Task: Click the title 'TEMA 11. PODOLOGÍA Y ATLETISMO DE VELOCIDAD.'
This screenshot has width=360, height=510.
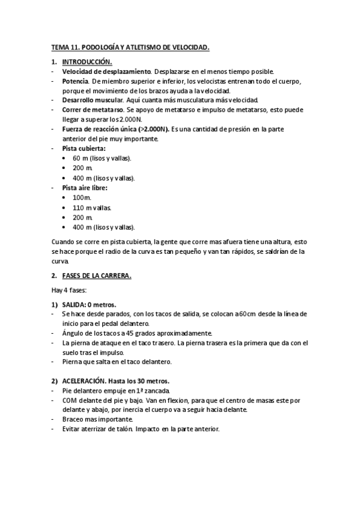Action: point(130,46)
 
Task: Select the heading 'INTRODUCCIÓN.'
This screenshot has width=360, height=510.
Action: point(87,62)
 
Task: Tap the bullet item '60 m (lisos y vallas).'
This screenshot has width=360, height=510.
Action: point(103,158)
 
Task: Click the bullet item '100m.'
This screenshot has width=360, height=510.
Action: point(82,197)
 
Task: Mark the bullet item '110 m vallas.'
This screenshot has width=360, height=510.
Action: point(92,207)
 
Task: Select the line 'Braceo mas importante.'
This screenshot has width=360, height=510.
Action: point(97,419)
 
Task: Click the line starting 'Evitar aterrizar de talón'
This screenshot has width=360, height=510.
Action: point(141,429)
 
